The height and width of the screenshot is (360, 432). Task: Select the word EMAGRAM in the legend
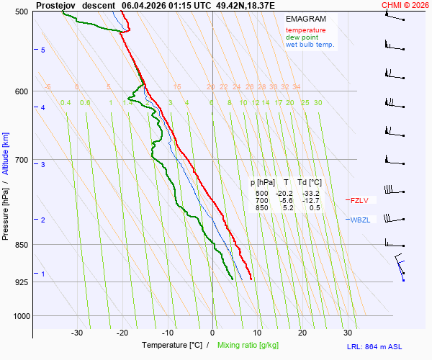coord(305,19)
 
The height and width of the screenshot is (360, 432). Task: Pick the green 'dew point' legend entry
coord(303,37)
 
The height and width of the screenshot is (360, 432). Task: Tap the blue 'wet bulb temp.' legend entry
coord(310,45)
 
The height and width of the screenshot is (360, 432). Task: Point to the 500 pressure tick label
coord(21,12)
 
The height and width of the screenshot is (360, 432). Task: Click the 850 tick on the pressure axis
coord(21,246)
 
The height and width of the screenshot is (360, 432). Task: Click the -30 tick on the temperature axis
coord(77,333)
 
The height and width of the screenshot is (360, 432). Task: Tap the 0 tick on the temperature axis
coord(212,333)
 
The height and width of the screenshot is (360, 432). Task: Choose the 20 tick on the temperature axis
coord(302,333)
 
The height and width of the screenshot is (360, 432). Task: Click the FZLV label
coord(359,200)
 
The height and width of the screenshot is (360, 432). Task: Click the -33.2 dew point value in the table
coord(311,194)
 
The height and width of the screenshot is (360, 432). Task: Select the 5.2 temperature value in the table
coord(287,208)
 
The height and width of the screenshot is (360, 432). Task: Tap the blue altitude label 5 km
coord(42,50)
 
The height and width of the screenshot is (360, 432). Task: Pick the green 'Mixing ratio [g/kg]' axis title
coord(248,346)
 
